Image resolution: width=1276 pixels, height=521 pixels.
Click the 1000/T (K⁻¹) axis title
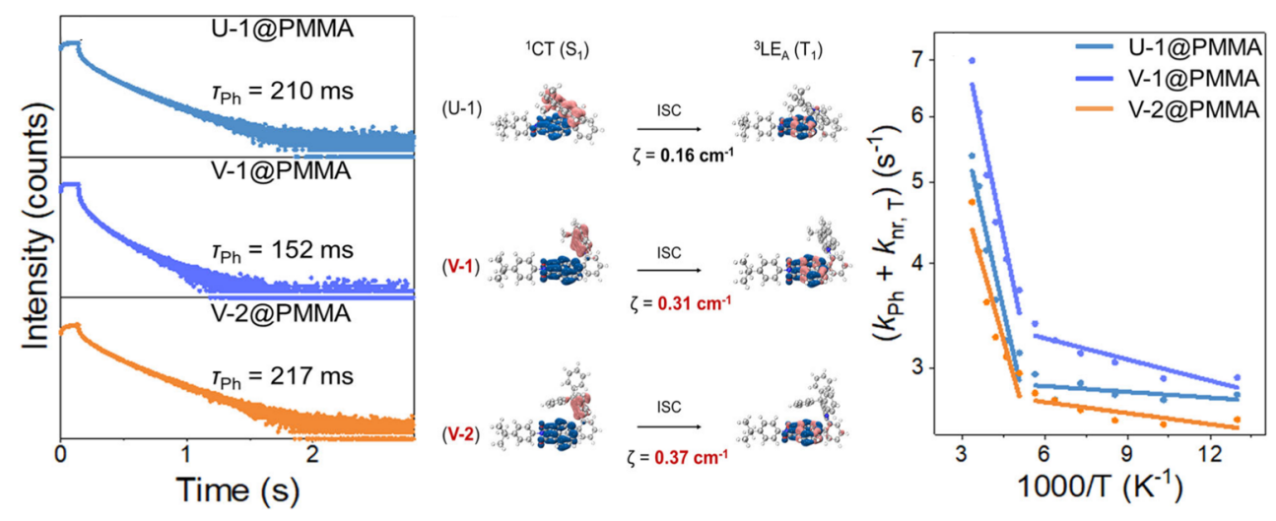point(1099,489)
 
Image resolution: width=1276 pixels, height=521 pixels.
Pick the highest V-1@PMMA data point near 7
point(972,61)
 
